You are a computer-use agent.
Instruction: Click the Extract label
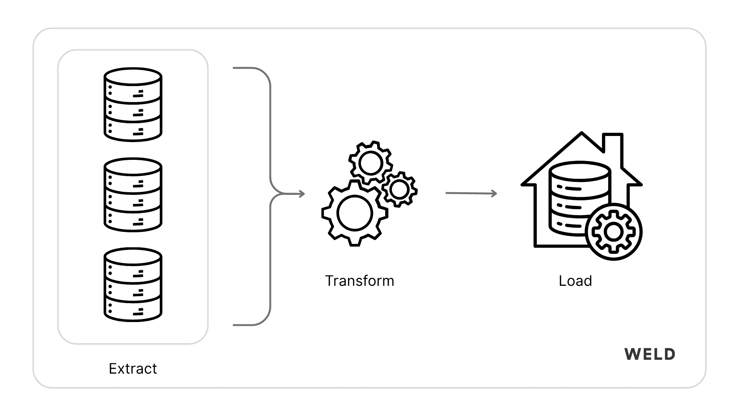(x=133, y=369)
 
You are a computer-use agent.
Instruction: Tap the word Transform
(x=359, y=281)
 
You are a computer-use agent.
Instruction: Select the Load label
(x=575, y=281)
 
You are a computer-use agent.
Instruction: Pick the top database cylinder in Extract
(x=133, y=105)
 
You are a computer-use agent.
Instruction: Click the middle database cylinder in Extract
(x=133, y=195)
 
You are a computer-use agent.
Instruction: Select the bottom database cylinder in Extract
(x=133, y=285)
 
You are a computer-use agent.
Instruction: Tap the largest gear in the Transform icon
(x=354, y=213)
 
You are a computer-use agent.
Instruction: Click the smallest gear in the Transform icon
(x=399, y=189)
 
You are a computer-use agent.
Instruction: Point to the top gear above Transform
(x=370, y=163)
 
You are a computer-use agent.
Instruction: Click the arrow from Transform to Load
(x=471, y=193)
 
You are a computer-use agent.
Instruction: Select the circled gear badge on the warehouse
(x=614, y=232)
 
